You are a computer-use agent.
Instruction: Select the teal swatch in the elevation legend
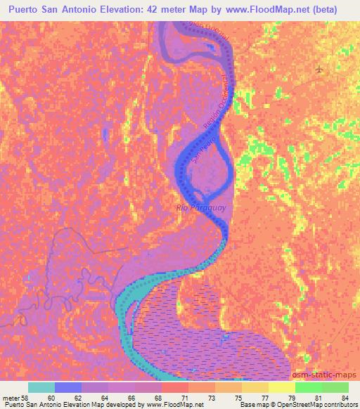tap(41, 387)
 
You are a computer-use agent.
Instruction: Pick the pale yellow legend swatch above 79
tap(282, 387)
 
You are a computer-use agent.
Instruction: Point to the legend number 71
tap(185, 398)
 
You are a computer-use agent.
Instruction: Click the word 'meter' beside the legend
tap(11, 398)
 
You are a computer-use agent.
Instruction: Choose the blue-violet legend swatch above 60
tap(68, 387)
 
